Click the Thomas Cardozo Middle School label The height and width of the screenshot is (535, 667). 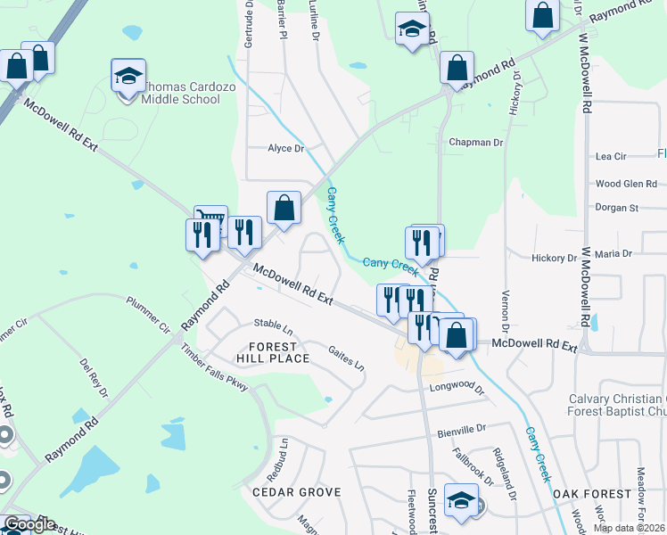(182, 94)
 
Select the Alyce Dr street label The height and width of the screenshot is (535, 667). (286, 149)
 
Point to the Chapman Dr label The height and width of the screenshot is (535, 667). (476, 142)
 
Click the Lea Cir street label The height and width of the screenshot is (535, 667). (611, 156)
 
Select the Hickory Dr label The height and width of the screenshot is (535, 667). (555, 258)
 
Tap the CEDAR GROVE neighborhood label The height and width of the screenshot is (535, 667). (296, 492)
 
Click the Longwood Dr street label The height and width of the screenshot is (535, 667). (456, 389)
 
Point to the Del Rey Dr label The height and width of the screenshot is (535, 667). (94, 378)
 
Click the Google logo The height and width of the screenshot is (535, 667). (29, 525)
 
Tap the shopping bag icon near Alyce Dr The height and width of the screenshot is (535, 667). (284, 209)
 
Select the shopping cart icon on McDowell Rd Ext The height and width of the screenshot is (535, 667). (211, 220)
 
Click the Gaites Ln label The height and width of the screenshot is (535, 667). (346, 360)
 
